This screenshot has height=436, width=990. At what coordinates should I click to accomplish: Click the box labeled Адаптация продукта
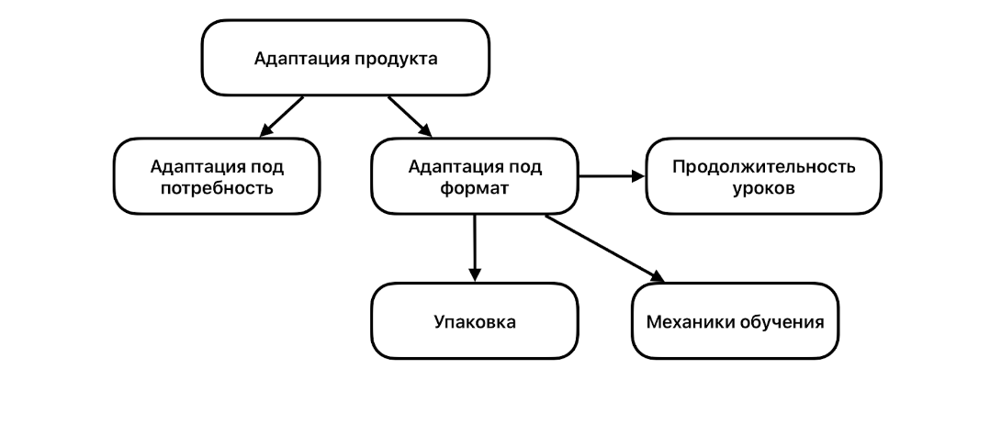345,58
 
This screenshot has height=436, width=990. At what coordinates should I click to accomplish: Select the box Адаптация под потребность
217,177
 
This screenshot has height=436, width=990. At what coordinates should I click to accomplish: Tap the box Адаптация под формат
474,177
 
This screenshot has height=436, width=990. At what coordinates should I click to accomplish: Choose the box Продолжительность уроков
763,176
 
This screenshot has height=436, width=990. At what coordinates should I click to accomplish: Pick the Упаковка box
474,321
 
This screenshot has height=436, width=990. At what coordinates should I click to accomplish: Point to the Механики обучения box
735,321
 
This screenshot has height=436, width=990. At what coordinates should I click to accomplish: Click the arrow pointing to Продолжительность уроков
613,176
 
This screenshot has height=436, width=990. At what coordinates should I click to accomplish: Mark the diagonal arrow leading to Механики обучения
604,248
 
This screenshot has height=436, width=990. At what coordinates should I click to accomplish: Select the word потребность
217,190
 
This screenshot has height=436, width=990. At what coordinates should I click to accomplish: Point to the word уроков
763,189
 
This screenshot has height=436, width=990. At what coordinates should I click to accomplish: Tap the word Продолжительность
763,166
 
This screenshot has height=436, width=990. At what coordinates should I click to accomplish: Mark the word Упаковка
474,322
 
